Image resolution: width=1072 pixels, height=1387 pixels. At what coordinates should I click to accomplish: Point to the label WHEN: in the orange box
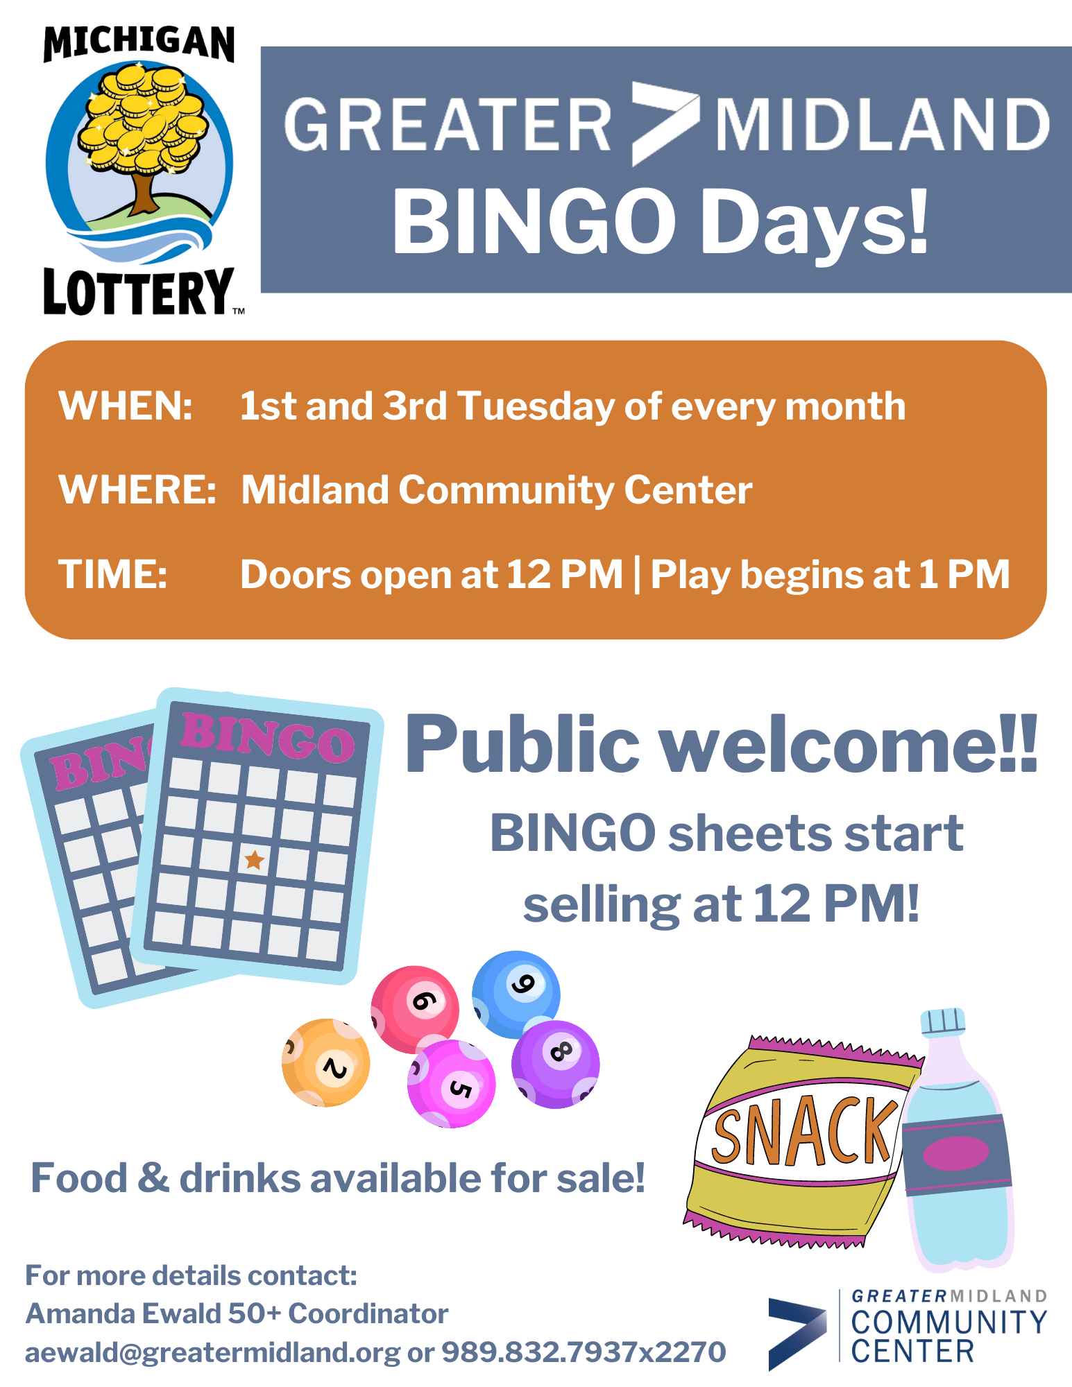(x=126, y=406)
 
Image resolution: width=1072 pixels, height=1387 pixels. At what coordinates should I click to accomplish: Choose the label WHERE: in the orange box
(x=137, y=490)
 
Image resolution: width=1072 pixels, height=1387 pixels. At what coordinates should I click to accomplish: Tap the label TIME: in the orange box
(x=113, y=574)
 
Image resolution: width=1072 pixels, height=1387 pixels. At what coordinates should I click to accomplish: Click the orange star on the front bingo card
(x=255, y=860)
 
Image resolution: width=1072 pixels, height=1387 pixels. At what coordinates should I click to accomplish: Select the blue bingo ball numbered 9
(x=516, y=993)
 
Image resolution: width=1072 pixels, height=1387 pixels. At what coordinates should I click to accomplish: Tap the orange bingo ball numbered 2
(x=325, y=1062)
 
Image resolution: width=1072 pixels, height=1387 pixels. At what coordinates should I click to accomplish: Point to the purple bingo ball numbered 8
(x=555, y=1064)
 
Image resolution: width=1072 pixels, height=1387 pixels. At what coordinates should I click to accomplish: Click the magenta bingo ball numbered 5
(x=451, y=1083)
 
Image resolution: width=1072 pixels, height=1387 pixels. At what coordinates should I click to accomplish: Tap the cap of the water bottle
(x=943, y=1022)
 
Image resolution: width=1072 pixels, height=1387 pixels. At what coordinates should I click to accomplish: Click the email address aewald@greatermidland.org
(x=212, y=1352)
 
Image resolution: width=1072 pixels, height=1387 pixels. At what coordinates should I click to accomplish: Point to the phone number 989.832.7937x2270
(x=584, y=1352)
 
